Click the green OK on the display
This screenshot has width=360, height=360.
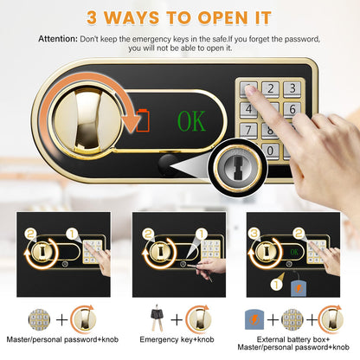pyautogui.click(x=191, y=121)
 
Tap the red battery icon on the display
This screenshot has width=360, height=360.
pyautogui.click(x=143, y=120)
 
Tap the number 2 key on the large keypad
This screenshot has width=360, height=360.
pyautogui.click(x=270, y=88)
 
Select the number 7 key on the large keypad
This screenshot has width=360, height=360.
pyautogui.click(x=248, y=130)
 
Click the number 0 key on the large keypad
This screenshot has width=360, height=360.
pyautogui.click(x=270, y=151)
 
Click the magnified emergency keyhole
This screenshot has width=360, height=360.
pyautogui.click(x=238, y=168)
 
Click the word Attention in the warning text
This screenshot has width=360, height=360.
pyautogui.click(x=58, y=39)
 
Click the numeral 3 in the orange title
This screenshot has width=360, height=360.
pyautogui.click(x=92, y=17)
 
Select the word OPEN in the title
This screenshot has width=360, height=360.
pyautogui.click(x=222, y=17)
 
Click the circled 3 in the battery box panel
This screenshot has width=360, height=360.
pyautogui.click(x=254, y=233)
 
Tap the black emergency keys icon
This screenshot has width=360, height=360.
pyautogui.click(x=157, y=317)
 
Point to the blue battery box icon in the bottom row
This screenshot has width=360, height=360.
pyautogui.click(x=254, y=319)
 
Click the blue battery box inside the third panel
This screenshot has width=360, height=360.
pyautogui.click(x=299, y=287)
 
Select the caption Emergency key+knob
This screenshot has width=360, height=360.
pyautogui.click(x=177, y=339)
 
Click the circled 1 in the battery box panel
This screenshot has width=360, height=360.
pyautogui.click(x=276, y=285)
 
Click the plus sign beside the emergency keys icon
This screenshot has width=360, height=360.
pyautogui.click(x=177, y=319)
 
